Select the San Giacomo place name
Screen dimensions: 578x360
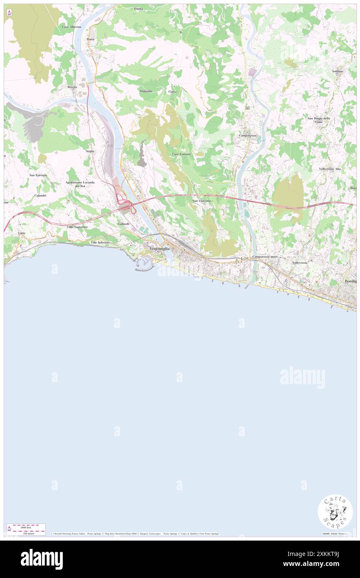coord(202,201)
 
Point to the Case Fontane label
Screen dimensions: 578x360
coord(181,154)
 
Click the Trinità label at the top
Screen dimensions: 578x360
coord(138,9)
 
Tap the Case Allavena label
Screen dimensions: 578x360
coord(72,27)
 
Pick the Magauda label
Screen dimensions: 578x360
coord(146,91)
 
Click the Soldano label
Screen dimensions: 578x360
coord(338,72)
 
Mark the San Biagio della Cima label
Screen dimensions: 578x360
coord(319,120)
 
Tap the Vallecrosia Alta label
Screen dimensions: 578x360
coord(330,169)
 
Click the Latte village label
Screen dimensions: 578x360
coord(22,233)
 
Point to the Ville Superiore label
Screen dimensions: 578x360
coord(77,227)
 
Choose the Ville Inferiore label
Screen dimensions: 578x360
coord(100,242)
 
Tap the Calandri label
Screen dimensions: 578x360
coord(40,195)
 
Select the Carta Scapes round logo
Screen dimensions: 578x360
coord(335,512)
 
